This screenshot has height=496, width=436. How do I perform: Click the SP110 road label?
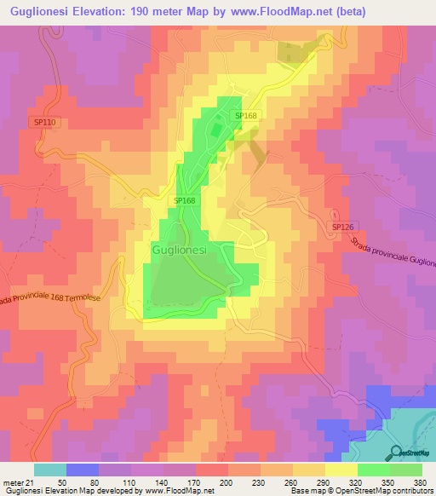click(x=45, y=123)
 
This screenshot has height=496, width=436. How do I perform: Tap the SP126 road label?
click(x=342, y=227)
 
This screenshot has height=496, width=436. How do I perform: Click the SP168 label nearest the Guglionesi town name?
click(x=185, y=200)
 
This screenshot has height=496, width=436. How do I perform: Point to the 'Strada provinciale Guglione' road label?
click(x=392, y=252)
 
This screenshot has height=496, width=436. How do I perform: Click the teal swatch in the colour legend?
click(x=50, y=470)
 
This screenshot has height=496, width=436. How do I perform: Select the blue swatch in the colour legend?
click(x=83, y=470)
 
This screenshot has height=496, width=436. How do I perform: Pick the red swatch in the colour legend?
click(x=212, y=470)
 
